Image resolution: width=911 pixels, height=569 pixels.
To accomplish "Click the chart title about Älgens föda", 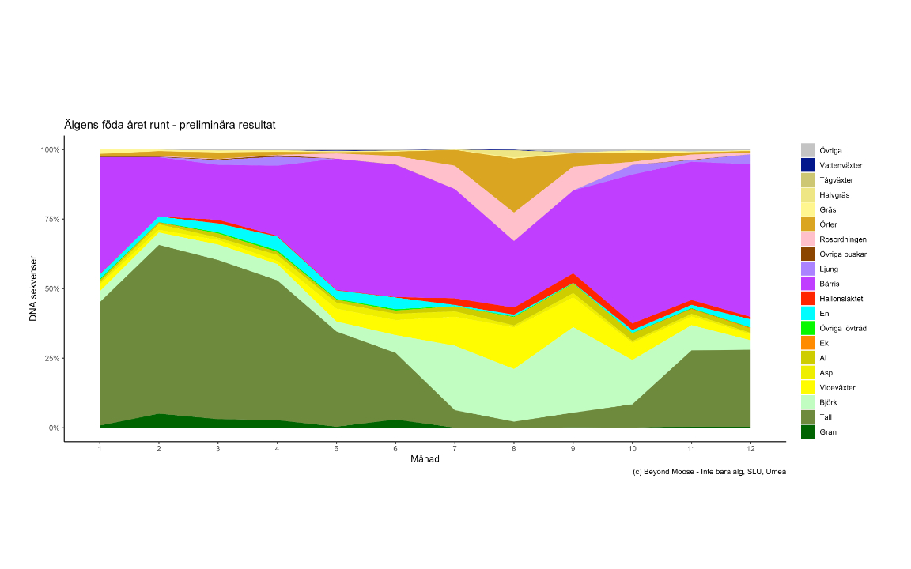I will tap(170, 125).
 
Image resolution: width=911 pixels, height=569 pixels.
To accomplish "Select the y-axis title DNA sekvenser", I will tap(34, 288).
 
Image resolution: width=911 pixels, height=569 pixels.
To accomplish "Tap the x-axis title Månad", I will tap(425, 460).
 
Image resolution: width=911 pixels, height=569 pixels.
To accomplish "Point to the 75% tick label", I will tap(50, 219).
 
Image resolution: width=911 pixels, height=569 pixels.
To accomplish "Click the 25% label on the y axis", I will tap(50, 358).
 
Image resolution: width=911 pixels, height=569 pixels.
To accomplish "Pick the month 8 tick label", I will tap(514, 449).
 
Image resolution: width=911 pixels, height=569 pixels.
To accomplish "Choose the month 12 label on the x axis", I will tap(750, 449).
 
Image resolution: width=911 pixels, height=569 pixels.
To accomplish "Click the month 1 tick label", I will tap(100, 449).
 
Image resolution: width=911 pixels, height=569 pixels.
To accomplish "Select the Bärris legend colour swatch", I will tap(807, 284).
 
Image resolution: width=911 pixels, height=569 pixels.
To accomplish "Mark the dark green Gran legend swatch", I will tap(807, 432).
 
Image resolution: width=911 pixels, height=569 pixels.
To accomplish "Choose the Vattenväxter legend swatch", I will tap(807, 165).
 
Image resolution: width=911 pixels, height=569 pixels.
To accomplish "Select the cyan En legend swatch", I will tap(807, 314).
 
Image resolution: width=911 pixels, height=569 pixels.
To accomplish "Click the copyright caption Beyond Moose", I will tap(709, 472).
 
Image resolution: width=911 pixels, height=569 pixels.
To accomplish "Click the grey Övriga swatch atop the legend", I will tap(807, 150).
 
